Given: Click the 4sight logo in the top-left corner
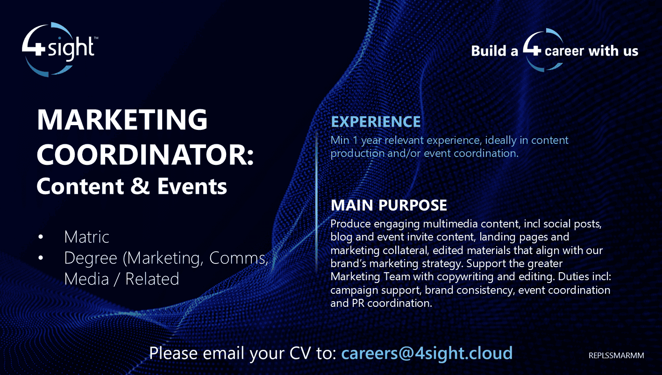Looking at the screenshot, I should pos(59,49).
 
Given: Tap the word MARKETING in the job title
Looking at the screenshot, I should pos(122,120).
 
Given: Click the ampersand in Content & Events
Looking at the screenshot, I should pos(140,186).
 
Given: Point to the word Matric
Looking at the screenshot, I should pos(86,237).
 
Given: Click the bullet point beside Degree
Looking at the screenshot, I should pos(41,258).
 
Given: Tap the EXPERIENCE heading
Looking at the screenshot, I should pos(376,122).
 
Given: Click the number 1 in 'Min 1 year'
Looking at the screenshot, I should pos(352,140).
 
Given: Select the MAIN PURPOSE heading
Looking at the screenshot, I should pos(389,205).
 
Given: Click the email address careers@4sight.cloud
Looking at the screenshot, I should pos(427,353).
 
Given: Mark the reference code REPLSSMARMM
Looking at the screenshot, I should pos(616,355).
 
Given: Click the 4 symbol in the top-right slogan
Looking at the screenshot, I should pos(532,49).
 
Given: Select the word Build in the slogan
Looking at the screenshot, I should pos(489,50).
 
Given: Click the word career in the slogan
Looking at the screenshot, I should pos(564,50).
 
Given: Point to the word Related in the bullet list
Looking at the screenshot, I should pos(152,279).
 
